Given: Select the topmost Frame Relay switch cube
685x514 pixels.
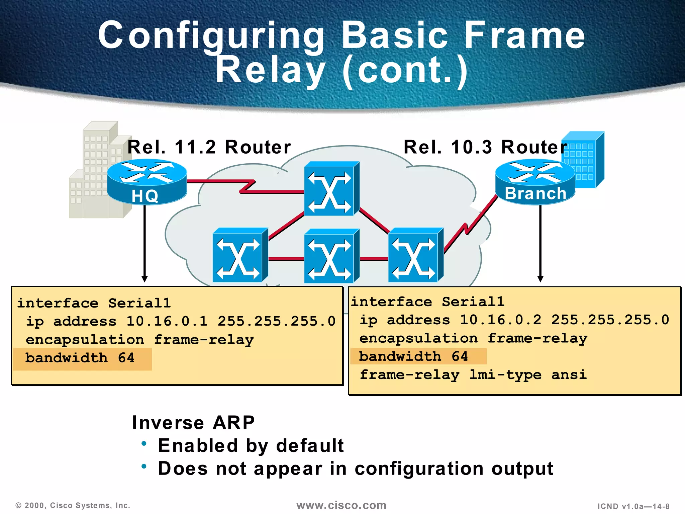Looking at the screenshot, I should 331,189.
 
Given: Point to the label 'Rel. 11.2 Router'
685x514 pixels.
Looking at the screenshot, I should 209,147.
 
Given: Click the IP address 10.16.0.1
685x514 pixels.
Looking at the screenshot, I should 167,321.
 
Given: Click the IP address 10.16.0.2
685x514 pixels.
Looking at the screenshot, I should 500,320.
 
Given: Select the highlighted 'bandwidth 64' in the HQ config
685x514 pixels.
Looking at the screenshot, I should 80,358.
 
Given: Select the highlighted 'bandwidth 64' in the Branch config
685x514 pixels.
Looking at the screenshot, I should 413,356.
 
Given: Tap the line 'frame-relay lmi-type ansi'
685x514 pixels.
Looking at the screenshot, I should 473,375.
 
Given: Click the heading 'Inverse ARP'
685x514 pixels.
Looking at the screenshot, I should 193,423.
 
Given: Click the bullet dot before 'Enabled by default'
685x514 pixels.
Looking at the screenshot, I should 144,444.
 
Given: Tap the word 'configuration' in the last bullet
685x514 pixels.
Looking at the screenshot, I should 419,468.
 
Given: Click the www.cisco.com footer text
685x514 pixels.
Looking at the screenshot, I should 341,505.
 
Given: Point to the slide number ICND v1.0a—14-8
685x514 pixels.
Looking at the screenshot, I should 633,506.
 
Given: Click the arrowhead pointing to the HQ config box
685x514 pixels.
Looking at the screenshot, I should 144,279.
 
